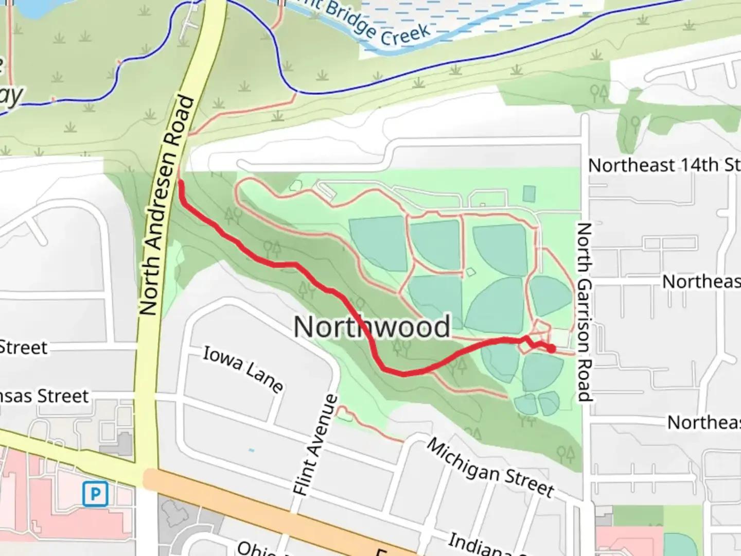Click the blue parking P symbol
click(95, 494)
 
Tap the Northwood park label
click(372, 326)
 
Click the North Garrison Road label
click(584, 311)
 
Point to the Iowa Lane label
click(242, 369)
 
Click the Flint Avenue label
click(315, 445)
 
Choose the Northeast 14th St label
click(664, 165)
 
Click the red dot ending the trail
click(551, 349)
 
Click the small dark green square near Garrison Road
click(528, 194)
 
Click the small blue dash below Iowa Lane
click(251, 450)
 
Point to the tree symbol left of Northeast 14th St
click(599, 93)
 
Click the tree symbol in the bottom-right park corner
click(566, 454)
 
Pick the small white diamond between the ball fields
click(470, 271)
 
